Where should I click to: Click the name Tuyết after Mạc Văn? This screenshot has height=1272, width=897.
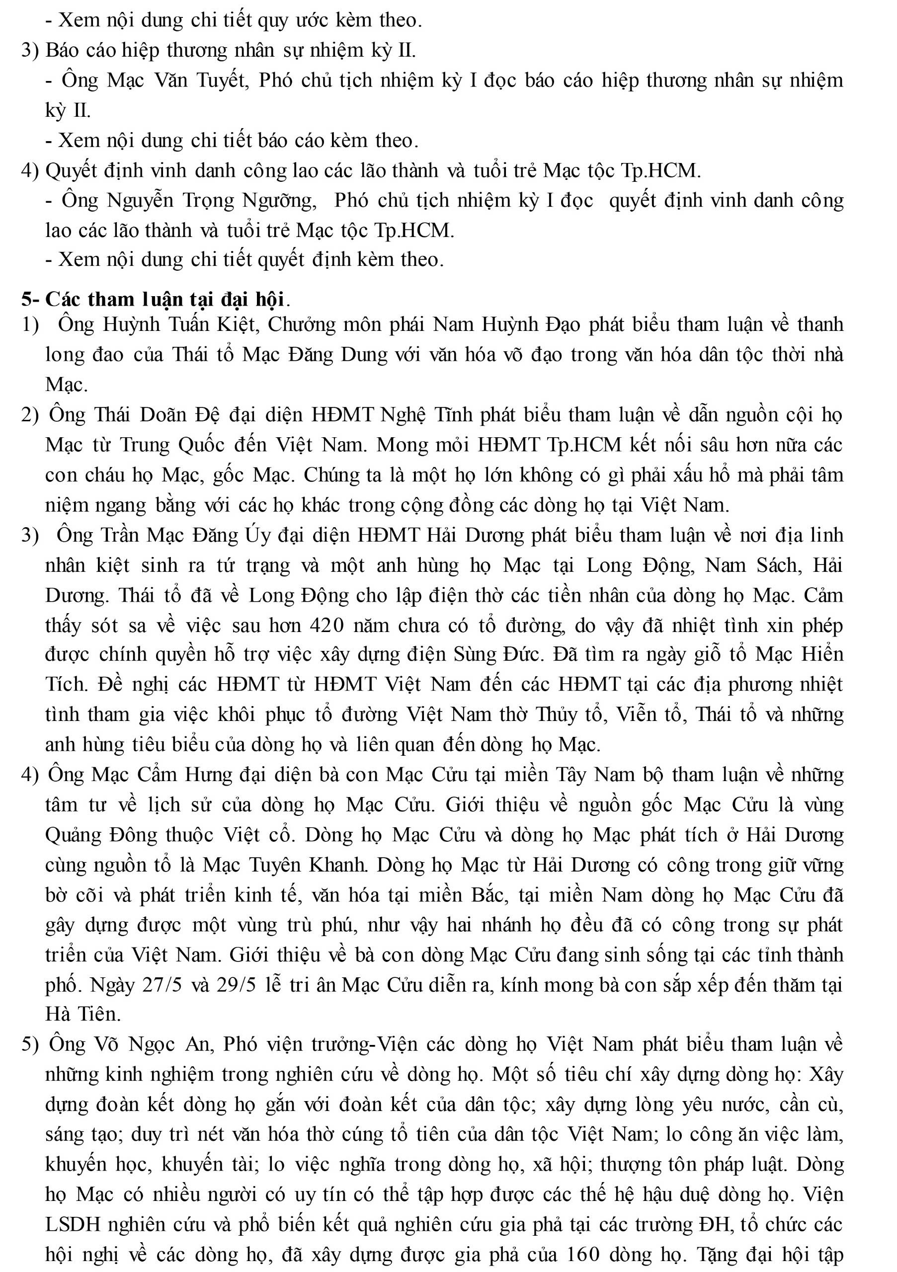coord(222,81)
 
